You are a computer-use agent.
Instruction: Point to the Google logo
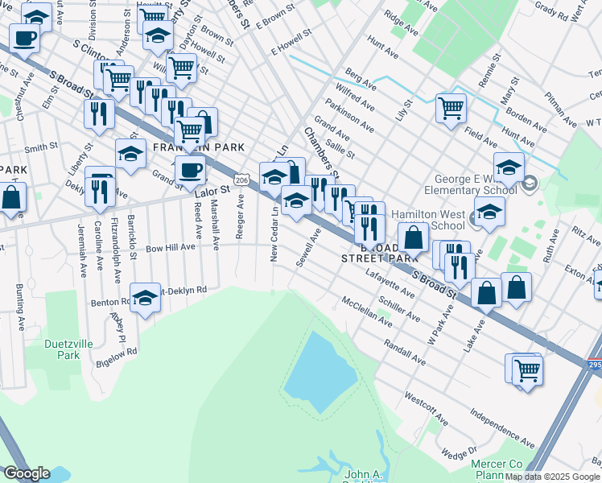(x=27, y=473)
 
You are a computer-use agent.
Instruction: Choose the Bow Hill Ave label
(x=171, y=248)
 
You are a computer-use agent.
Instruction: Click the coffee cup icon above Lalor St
(x=191, y=170)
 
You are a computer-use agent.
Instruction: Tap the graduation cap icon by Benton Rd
(x=145, y=299)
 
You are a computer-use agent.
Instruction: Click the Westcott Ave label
(x=426, y=408)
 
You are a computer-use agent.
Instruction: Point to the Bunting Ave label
(x=17, y=307)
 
